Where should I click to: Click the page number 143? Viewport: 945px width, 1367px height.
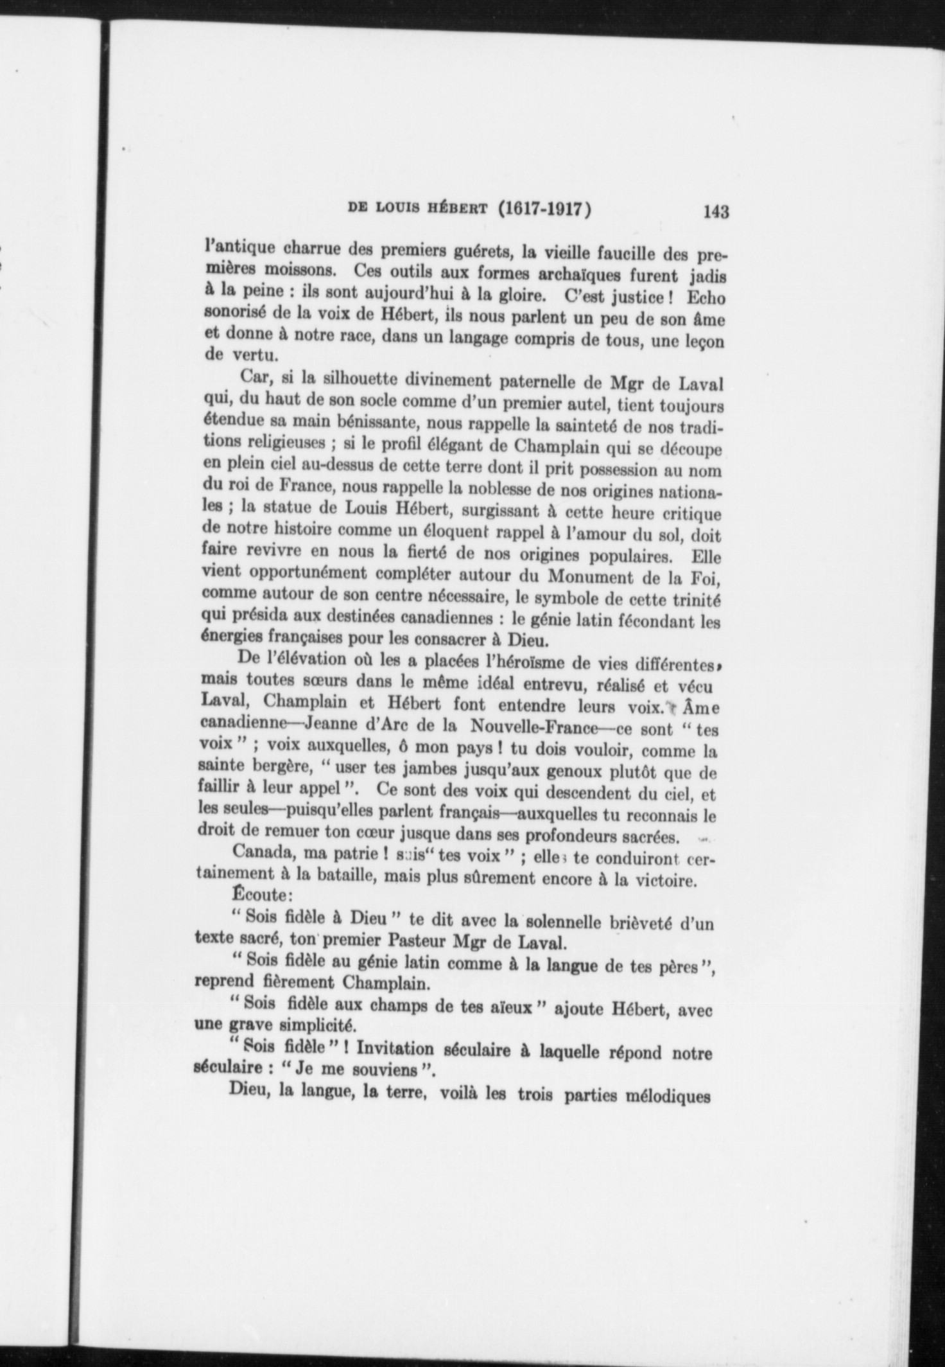click(x=716, y=211)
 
